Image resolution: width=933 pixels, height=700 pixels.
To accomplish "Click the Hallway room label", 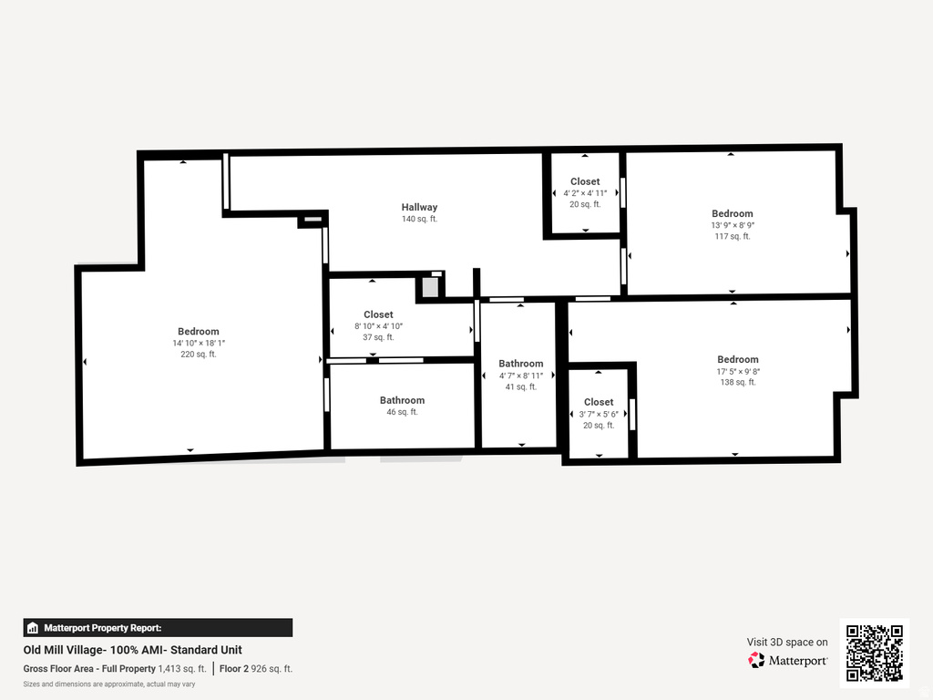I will [x=419, y=207].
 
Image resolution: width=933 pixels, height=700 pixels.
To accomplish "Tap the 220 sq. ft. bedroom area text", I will [x=198, y=355].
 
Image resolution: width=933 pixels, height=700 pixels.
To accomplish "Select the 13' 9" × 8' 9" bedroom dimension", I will [x=733, y=225].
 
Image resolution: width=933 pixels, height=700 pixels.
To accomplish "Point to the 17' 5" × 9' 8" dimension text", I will [x=737, y=371].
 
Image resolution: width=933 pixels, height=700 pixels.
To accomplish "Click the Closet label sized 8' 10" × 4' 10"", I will [x=378, y=314].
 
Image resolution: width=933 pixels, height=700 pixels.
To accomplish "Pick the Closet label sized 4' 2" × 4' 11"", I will [x=585, y=181].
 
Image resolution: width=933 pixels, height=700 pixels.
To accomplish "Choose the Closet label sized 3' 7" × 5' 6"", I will [x=599, y=402].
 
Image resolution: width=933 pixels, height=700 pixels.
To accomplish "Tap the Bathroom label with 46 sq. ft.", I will [x=402, y=400].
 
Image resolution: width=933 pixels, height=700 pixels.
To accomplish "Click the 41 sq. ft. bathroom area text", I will [x=521, y=386].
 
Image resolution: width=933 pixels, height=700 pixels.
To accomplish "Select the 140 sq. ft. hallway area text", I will [x=419, y=219].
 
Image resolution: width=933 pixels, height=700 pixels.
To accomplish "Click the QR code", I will [x=874, y=653].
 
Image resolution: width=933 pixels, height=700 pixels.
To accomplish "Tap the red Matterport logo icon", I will [x=756, y=660].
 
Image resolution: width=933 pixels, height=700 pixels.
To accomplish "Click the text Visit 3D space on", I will [x=787, y=642].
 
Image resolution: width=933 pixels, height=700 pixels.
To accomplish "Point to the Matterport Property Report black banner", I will [x=158, y=627].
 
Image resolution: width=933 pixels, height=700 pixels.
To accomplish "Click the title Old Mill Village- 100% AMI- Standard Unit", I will [x=133, y=650].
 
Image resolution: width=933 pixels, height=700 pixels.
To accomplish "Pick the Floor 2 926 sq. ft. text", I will [x=256, y=668].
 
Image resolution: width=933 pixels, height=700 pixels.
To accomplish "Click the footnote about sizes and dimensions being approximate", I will [x=109, y=684].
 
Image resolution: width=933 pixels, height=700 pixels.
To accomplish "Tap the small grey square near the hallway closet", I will [x=430, y=286].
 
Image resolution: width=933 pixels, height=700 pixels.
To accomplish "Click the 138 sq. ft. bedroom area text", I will [x=737, y=383].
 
